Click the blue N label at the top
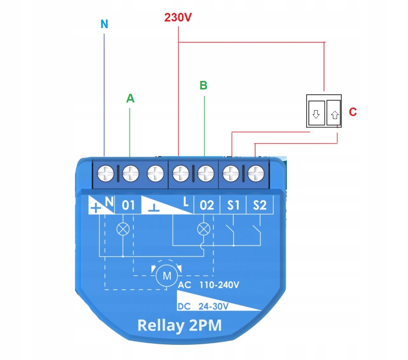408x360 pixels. [104, 24]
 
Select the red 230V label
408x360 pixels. [179, 17]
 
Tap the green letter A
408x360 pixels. [130, 99]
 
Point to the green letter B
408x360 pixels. [203, 85]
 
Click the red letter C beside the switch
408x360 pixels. [353, 112]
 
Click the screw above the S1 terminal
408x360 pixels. [232, 173]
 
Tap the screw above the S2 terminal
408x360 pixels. [255, 173]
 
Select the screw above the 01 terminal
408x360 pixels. [130, 173]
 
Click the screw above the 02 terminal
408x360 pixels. [205, 173]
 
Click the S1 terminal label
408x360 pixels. [233, 205]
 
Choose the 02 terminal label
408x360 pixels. [206, 205]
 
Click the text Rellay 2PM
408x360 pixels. [179, 325]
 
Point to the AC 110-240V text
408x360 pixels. [209, 285]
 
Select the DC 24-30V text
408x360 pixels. [203, 306]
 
